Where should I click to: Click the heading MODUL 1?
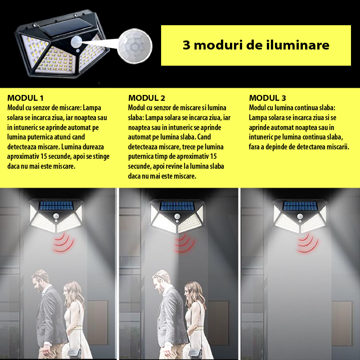coord(25,98)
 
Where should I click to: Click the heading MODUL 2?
coord(147,98)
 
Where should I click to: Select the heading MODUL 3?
coord(267,98)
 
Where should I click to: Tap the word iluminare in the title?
coord(298,45)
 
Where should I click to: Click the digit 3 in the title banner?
coord(186,45)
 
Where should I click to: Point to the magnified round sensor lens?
coord(135,46)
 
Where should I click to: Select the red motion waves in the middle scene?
coord(184,243)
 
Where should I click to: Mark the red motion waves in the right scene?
coord(308,243)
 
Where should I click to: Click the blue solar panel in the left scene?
coord(56,206)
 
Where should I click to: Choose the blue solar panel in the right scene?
coord(300,206)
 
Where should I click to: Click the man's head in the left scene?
coord(40,280)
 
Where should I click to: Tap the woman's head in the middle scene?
coord(193,292)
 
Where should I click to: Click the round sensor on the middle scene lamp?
coord(177,216)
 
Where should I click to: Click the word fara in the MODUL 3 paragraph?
coord(254,147)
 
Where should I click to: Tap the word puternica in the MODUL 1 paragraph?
coord(40,137)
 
